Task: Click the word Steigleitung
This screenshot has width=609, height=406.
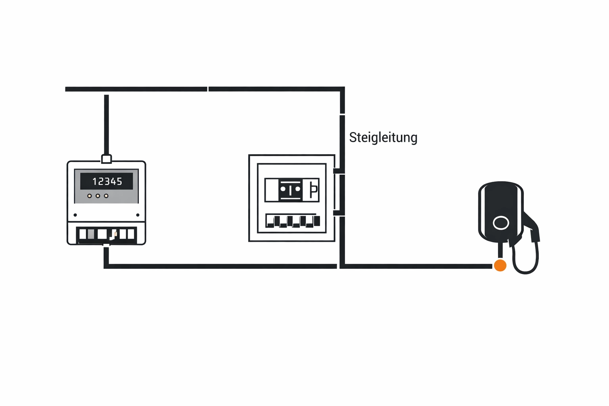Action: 383,138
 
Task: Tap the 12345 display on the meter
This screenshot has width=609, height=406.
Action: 107,181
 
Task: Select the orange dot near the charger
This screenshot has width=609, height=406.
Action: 500,265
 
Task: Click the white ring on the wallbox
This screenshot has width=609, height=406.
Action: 501,223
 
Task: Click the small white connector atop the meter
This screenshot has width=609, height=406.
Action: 106,159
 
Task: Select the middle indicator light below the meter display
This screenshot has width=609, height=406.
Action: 98,196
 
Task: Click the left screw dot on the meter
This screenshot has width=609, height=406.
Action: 75,215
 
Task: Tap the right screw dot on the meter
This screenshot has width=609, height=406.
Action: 138,215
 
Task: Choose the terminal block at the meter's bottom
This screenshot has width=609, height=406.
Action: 106,234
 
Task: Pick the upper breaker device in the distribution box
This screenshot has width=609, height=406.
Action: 292,190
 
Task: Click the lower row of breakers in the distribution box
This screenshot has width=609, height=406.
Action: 293,220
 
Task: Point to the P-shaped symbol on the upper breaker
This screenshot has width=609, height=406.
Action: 313,190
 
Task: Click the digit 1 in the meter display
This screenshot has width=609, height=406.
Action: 94,182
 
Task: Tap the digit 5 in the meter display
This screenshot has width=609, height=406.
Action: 119,182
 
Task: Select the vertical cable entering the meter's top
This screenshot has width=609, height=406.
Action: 106,125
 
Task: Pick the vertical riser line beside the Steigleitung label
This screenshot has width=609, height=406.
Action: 342,143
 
